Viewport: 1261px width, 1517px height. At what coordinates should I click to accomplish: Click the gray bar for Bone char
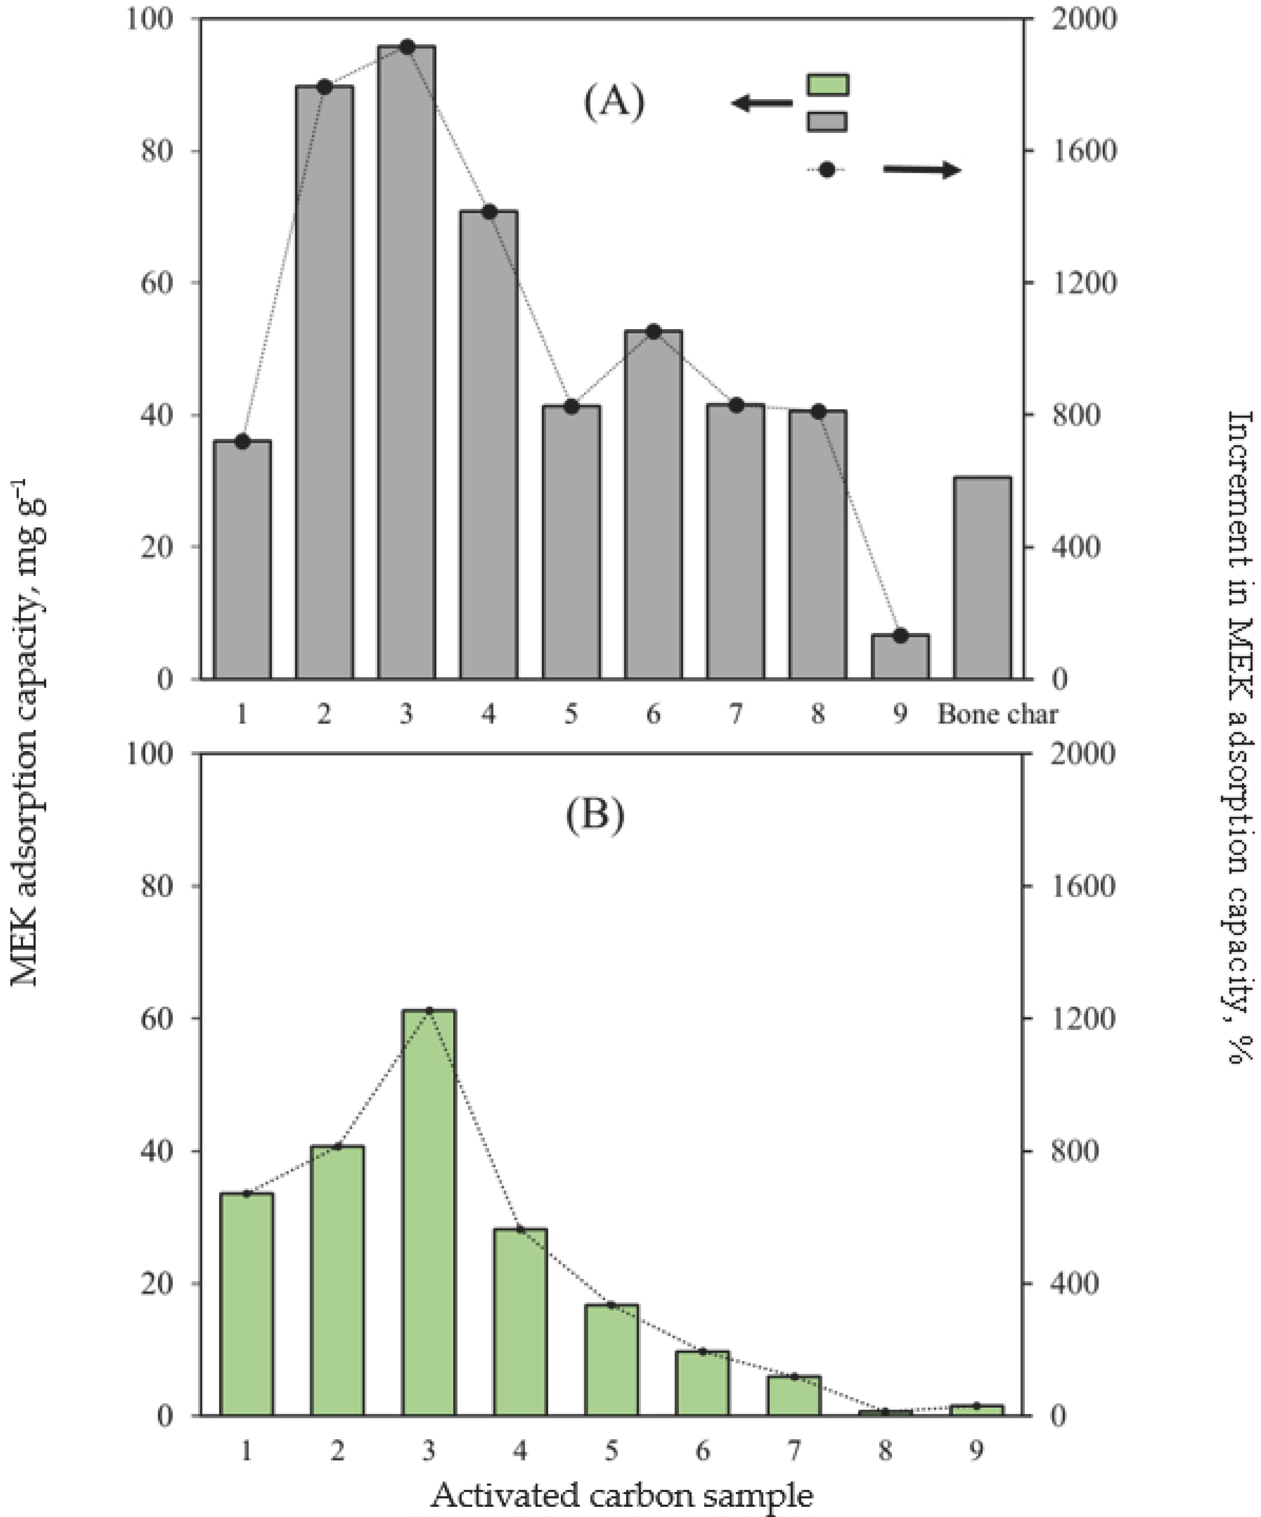[x=982, y=578]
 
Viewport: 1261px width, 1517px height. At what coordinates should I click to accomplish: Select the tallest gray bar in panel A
[x=406, y=361]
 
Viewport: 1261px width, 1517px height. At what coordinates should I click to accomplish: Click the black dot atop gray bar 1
[x=243, y=442]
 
